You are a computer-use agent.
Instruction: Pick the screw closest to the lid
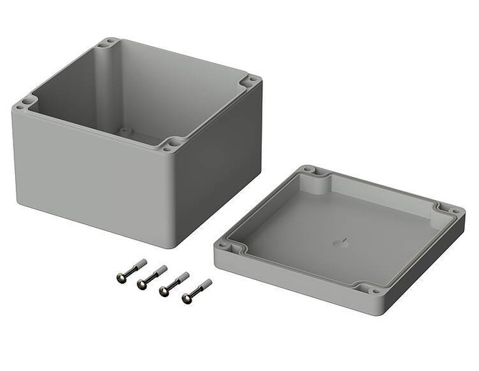(196, 290)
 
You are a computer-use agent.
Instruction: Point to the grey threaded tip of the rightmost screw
(206, 284)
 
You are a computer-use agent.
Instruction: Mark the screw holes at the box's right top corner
(251, 81)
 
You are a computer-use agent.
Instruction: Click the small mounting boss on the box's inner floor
(125, 132)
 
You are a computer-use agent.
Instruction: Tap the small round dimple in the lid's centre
(337, 243)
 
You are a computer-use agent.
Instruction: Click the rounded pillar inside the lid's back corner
(314, 184)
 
